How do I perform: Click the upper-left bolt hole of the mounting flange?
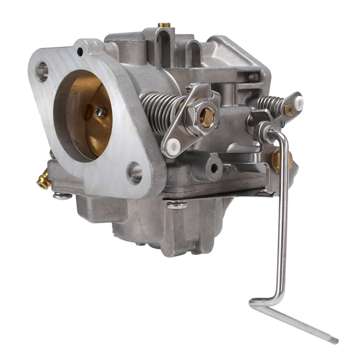42,71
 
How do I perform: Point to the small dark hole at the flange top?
80,52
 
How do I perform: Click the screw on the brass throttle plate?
99,112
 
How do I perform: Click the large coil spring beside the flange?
160,112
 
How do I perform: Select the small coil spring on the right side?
271,105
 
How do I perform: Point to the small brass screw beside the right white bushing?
288,109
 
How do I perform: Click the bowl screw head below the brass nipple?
62,196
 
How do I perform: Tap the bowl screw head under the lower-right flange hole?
177,204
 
